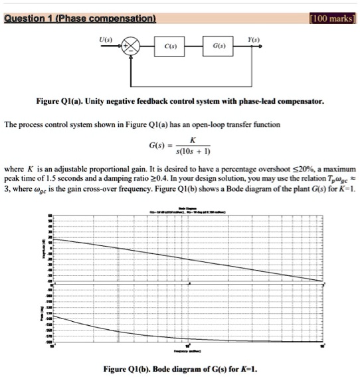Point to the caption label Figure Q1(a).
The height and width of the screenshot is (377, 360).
tap(58, 103)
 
